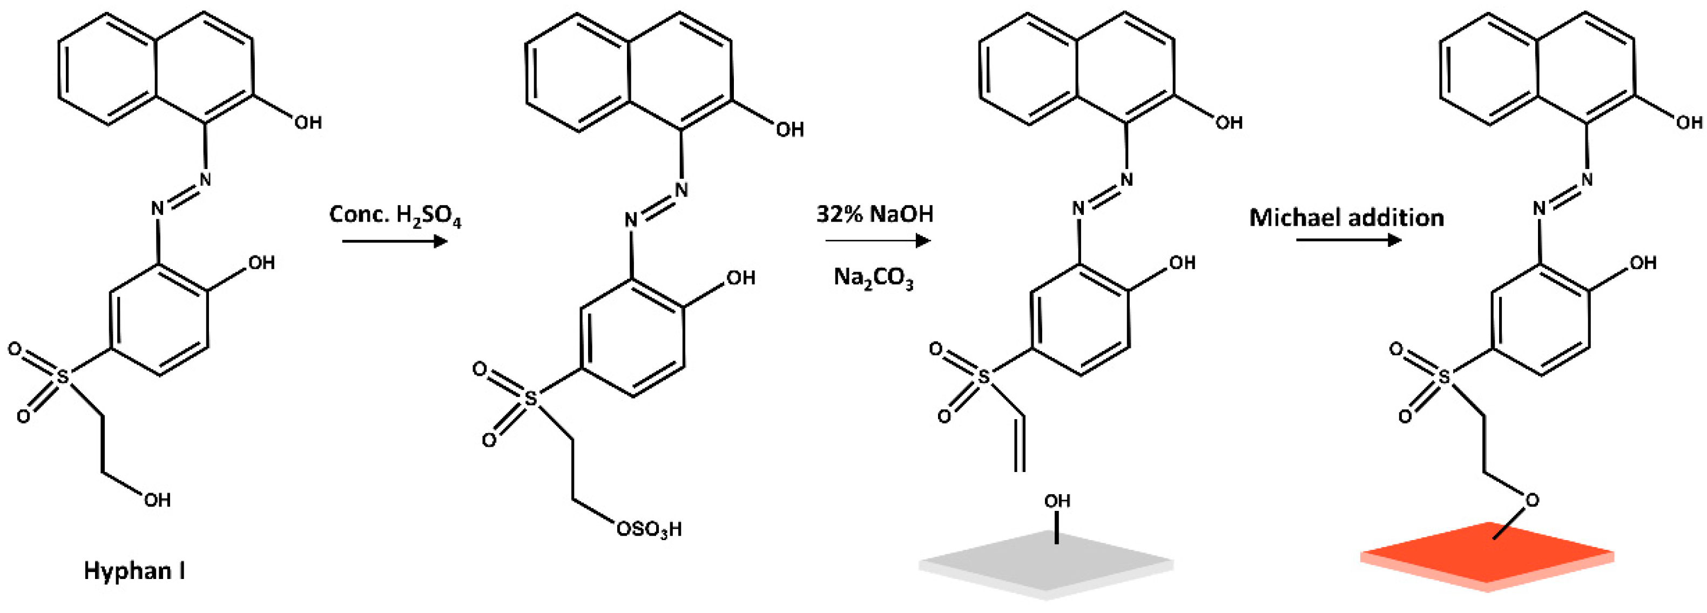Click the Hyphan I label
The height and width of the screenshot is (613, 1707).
tap(134, 570)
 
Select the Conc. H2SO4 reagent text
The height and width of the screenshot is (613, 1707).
tap(395, 215)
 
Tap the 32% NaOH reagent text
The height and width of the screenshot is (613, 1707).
tap(875, 214)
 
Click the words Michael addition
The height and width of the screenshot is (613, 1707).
tap(1346, 217)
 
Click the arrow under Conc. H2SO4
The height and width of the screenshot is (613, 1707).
tap(395, 241)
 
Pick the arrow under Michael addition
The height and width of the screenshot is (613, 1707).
tap(1348, 239)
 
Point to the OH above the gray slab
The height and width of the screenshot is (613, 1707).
tap(1057, 501)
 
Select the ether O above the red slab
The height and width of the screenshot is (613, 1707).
tap(1532, 500)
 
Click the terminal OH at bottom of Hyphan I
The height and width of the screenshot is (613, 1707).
tap(157, 500)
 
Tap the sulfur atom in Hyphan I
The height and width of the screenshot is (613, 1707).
tap(63, 377)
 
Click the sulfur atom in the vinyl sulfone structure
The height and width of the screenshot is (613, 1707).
tap(984, 377)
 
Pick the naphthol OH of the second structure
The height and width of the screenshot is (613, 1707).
tap(789, 129)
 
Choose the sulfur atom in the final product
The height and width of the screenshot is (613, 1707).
tap(1445, 377)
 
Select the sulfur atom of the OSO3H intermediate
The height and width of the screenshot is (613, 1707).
tap(531, 398)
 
